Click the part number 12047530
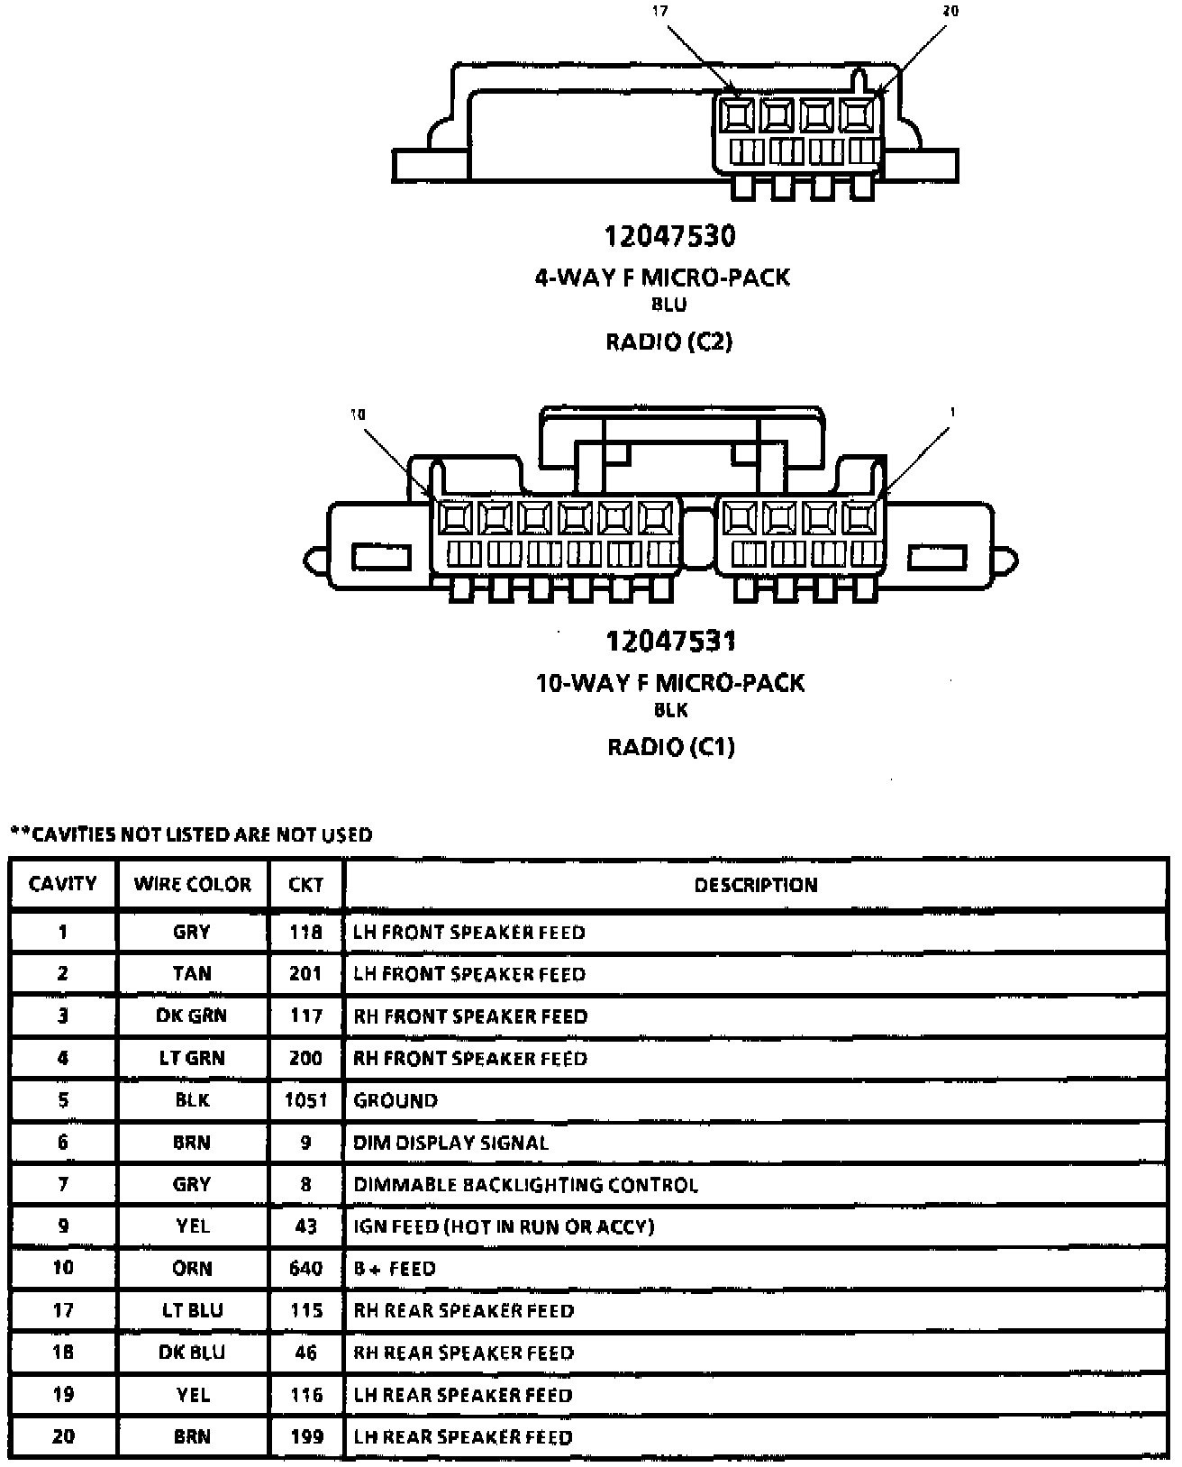click(669, 236)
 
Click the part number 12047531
click(670, 641)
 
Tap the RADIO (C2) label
click(668, 342)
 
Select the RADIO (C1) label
click(670, 747)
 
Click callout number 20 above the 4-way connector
click(950, 12)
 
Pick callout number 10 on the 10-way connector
click(358, 415)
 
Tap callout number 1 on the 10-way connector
click(951, 413)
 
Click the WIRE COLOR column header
click(192, 884)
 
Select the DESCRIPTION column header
click(755, 885)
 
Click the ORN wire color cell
click(192, 1269)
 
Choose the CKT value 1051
click(305, 1100)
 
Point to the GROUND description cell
click(396, 1100)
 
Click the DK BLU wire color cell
click(192, 1353)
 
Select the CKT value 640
click(305, 1269)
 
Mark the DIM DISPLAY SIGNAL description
click(450, 1143)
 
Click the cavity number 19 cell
click(63, 1395)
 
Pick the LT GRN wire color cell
click(192, 1058)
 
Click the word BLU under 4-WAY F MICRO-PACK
click(668, 305)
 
